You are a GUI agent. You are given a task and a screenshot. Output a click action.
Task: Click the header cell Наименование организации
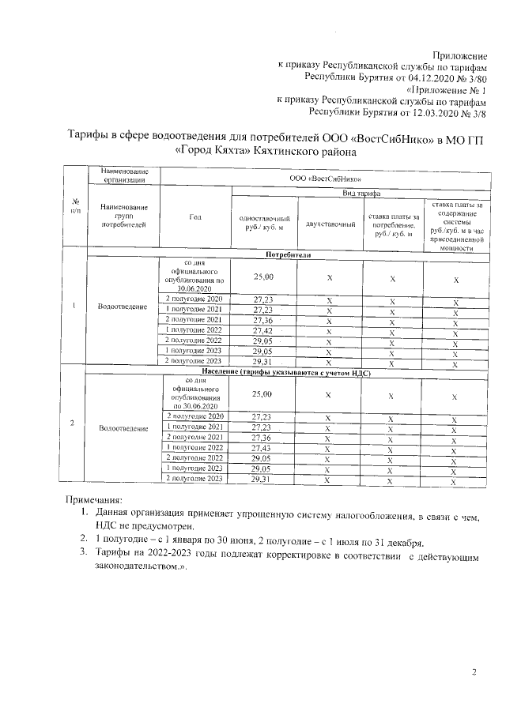[x=123, y=175]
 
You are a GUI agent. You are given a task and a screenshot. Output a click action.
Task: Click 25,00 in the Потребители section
[x=263, y=277]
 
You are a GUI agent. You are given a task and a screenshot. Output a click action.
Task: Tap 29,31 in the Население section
[x=262, y=479]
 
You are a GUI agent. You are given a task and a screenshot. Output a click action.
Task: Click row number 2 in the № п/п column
[x=74, y=423]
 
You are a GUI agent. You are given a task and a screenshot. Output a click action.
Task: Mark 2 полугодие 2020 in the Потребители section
[x=194, y=299]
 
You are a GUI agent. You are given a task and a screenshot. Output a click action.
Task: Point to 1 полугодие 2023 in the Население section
[x=194, y=468]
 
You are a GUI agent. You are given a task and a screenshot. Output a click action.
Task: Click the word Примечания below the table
[x=93, y=500]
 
